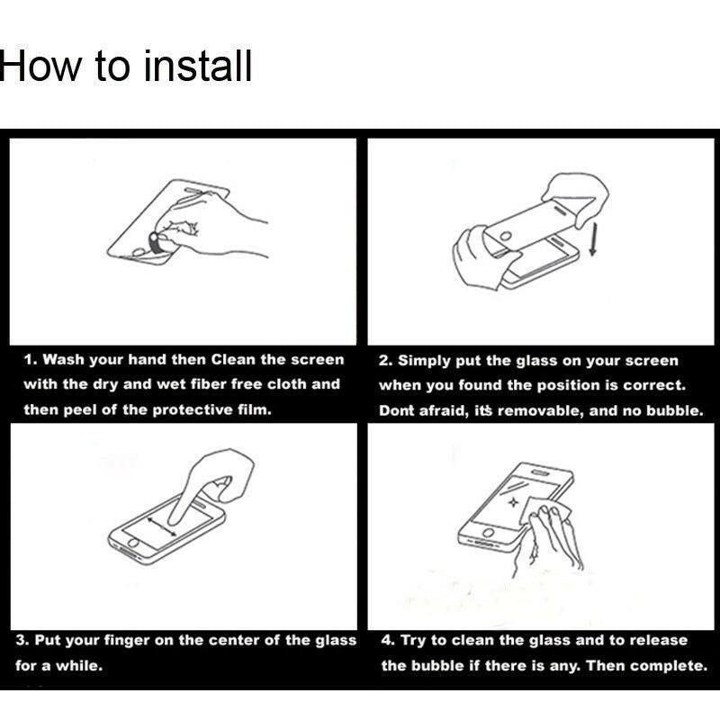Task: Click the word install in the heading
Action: [198, 66]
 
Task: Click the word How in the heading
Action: [40, 66]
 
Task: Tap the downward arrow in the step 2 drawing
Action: [592, 238]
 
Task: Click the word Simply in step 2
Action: [424, 361]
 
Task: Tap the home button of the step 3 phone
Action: [132, 543]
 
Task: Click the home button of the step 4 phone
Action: [488, 533]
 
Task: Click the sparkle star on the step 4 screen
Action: [513, 503]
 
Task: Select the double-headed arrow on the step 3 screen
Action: [162, 526]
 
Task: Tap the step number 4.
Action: [386, 640]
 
